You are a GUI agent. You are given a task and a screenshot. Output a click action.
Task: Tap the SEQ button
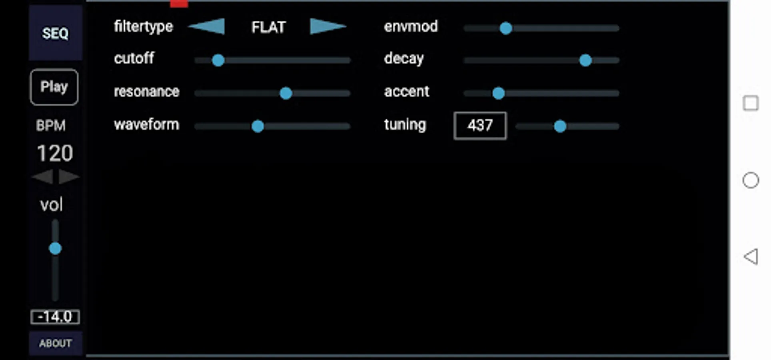tap(55, 33)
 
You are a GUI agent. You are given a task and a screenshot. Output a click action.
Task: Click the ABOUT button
tap(55, 343)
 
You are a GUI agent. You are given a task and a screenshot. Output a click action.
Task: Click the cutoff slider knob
tap(218, 60)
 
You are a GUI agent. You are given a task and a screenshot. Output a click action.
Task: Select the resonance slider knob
tap(286, 93)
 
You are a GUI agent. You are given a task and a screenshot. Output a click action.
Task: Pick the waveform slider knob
tap(258, 126)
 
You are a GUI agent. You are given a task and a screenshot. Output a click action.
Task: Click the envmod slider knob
tap(506, 28)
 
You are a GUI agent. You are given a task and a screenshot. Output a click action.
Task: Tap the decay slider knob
tap(585, 60)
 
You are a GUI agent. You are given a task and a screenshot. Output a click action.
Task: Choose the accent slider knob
tap(498, 93)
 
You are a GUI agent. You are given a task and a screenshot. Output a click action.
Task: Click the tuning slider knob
tap(560, 126)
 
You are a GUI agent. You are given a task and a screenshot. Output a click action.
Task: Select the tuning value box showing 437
tap(480, 126)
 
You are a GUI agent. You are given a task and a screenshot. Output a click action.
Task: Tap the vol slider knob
tap(55, 248)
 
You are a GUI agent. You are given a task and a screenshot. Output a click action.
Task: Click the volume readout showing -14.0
tap(55, 317)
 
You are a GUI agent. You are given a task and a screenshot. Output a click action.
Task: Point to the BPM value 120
tap(55, 153)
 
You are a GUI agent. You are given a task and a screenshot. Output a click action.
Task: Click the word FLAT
tap(268, 27)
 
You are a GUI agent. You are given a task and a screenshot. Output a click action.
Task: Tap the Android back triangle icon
tap(751, 256)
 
